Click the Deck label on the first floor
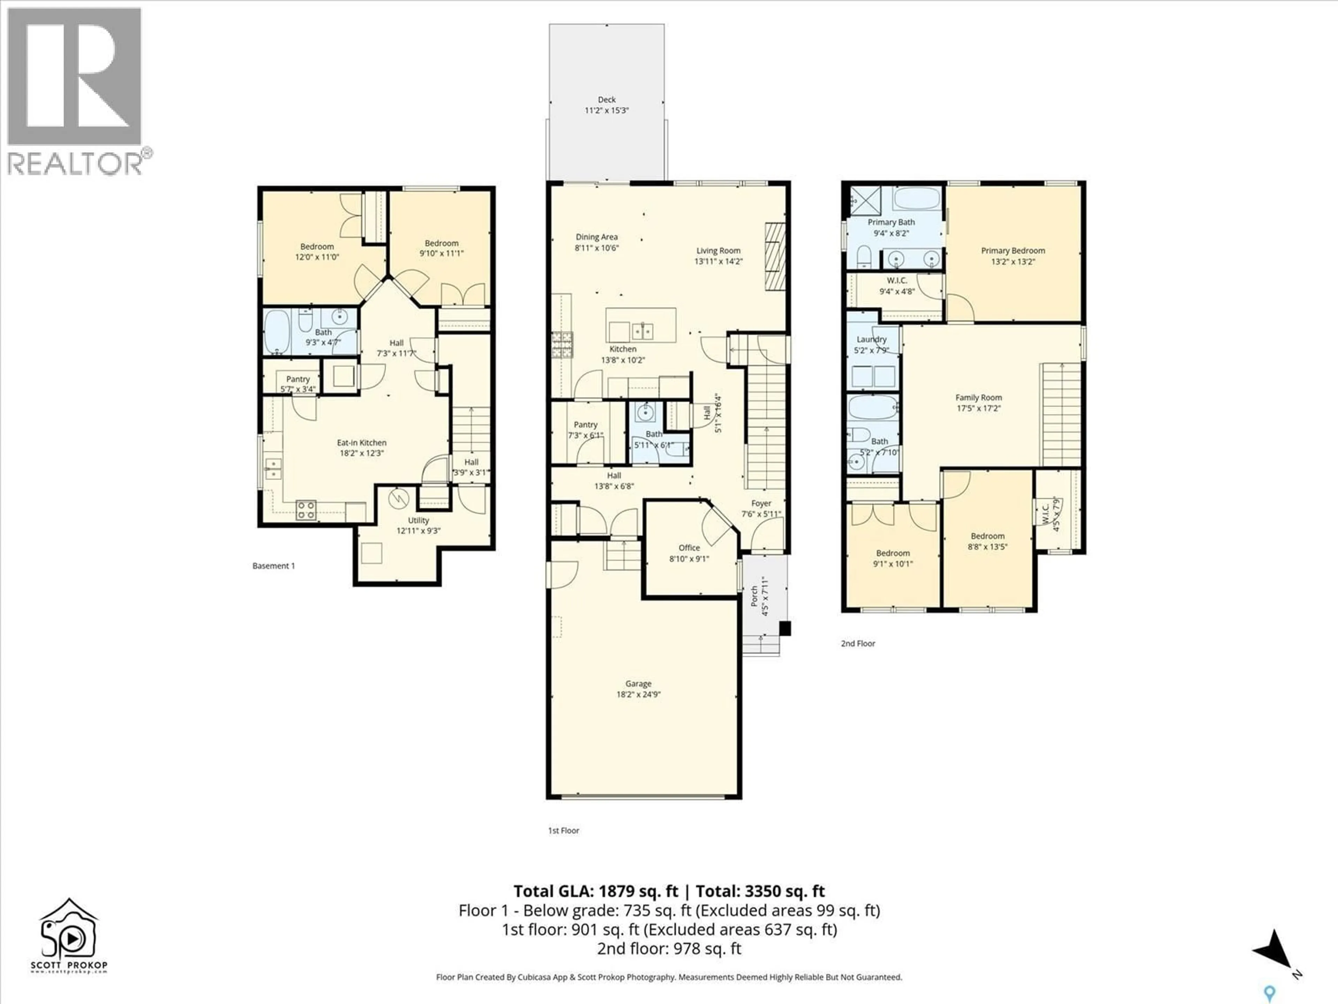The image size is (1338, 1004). click(607, 99)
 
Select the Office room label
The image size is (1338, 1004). click(689, 548)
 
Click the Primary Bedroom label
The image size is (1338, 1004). click(1013, 251)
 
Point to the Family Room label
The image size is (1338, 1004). click(978, 398)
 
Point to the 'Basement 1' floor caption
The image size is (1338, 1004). click(274, 566)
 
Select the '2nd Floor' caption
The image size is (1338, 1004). click(858, 643)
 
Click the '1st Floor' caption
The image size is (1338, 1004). click(563, 830)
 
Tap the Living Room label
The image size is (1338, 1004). click(718, 251)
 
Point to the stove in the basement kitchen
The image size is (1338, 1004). click(306, 510)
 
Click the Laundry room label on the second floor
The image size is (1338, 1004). click(871, 340)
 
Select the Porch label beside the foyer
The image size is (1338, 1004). click(754, 596)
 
